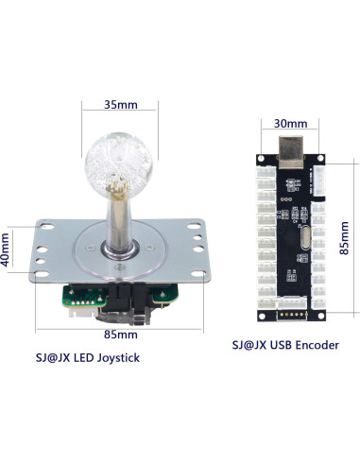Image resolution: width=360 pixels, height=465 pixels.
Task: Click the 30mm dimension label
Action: [290, 123]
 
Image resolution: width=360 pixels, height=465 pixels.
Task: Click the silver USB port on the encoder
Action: [289, 147]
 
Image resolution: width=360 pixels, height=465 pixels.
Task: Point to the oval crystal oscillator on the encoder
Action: [300, 241]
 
